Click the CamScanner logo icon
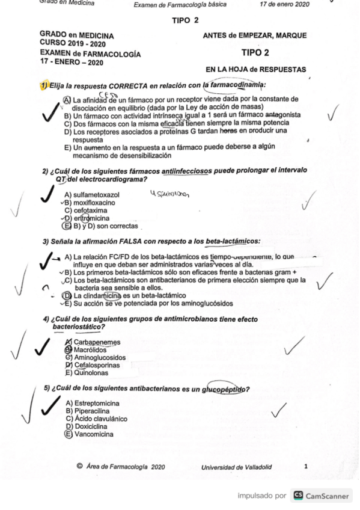coord(297,496)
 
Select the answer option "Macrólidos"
coord(90,349)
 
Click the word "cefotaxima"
coord(91,211)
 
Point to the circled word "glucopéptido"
coord(225,389)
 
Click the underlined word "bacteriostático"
coord(76,327)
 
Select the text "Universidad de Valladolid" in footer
coord(236,466)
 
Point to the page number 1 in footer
coord(306,465)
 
